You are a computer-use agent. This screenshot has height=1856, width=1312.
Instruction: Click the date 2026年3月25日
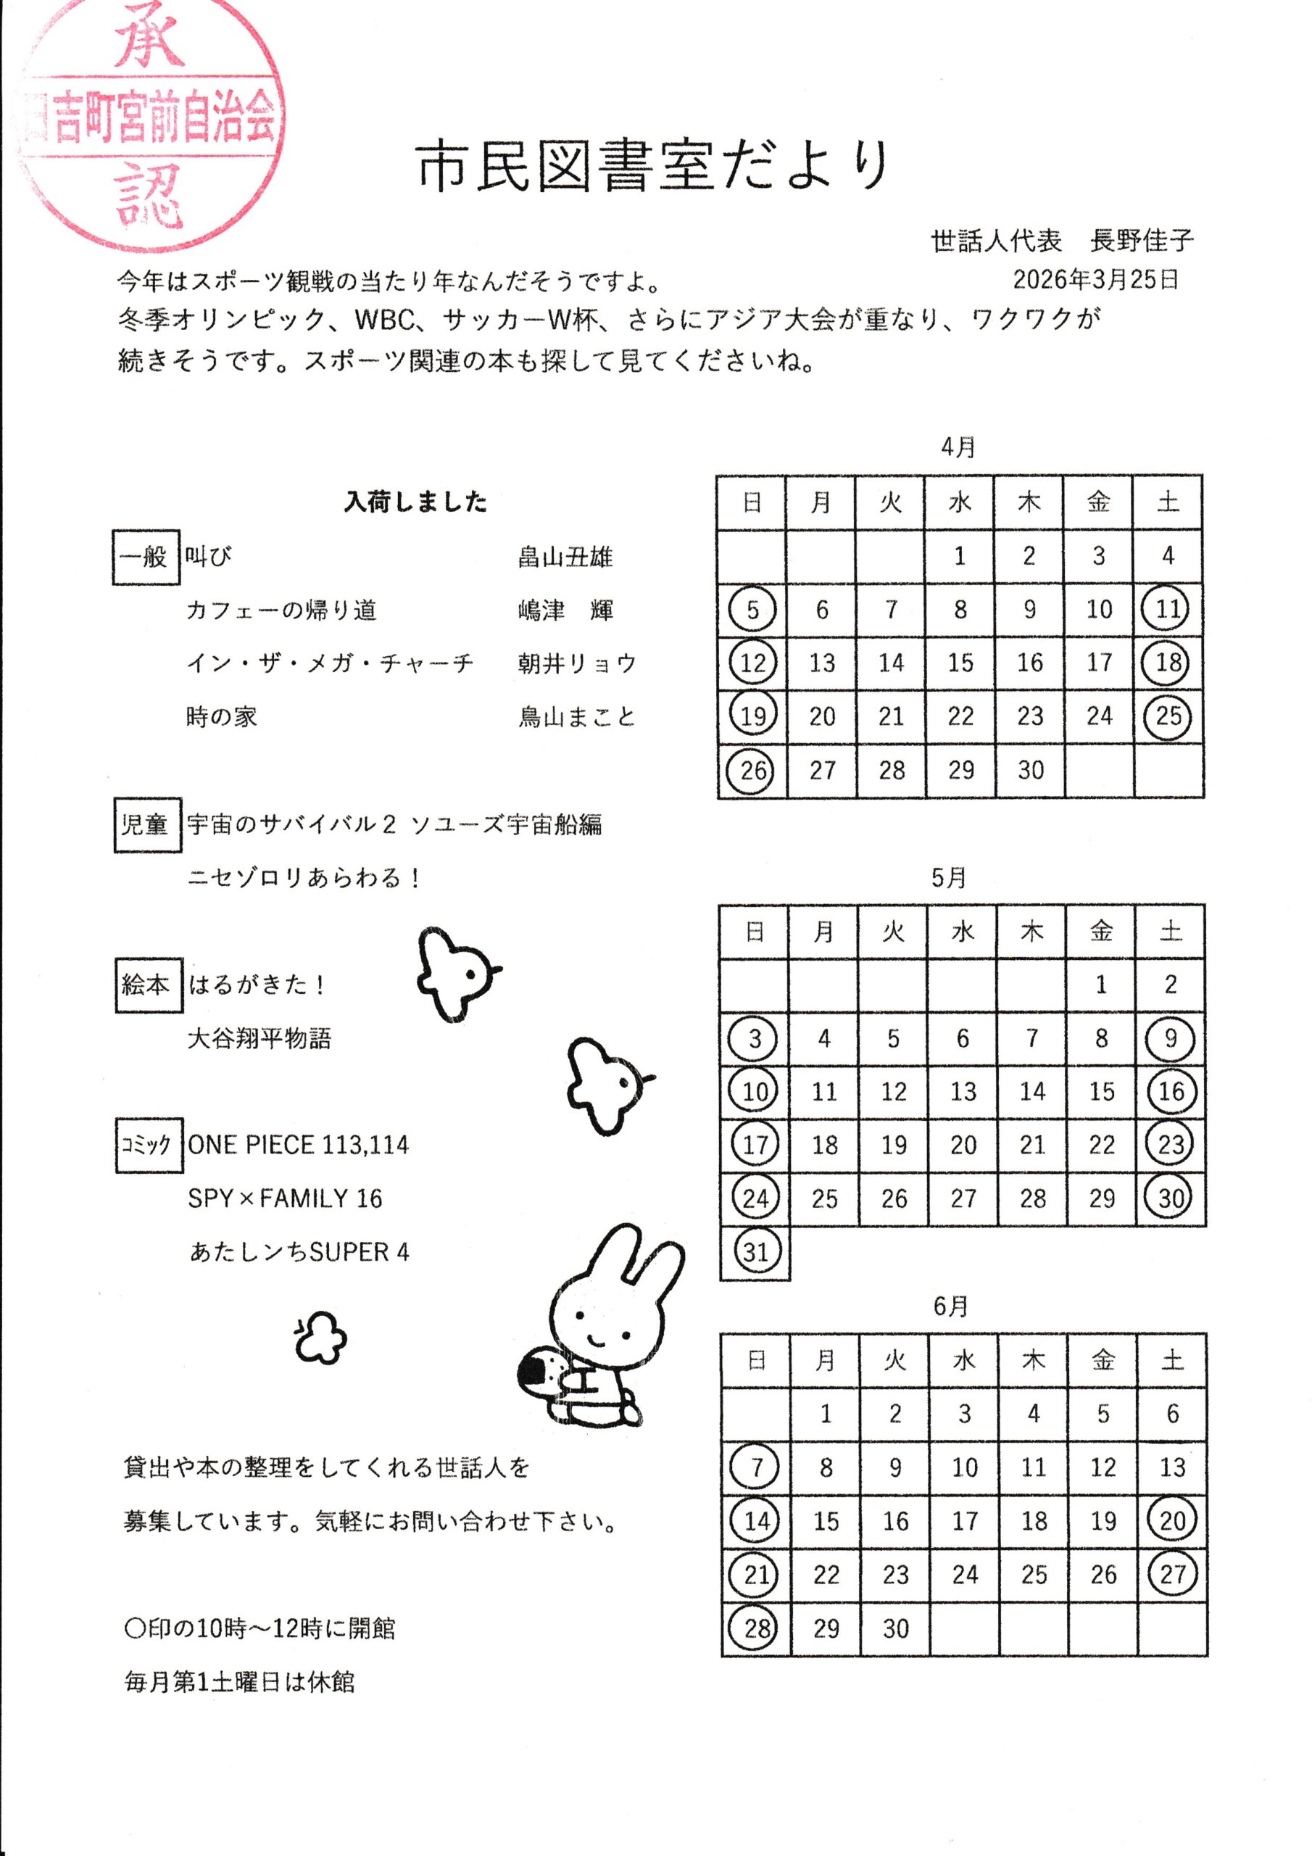[1095, 280]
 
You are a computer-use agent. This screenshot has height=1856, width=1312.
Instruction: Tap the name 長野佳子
[1141, 241]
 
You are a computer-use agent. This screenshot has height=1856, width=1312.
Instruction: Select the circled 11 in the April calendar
[1167, 609]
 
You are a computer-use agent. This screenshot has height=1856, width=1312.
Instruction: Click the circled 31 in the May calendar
[755, 1251]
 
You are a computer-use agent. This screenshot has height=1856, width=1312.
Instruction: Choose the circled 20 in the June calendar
[1172, 1520]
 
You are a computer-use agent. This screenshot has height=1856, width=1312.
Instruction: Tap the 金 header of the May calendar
[1101, 932]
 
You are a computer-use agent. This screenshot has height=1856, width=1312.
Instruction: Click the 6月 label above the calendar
[950, 1306]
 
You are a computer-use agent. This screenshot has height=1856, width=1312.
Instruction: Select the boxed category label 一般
[145, 556]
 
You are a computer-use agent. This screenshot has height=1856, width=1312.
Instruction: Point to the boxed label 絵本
[147, 985]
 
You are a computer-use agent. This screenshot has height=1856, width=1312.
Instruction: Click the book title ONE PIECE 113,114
[299, 1145]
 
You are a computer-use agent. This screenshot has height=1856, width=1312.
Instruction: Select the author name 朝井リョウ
[576, 663]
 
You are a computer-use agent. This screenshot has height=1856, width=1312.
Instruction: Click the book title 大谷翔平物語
[259, 1038]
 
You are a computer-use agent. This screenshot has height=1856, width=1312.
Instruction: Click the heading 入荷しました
[415, 502]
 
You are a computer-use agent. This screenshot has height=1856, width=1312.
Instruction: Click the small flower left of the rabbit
[320, 1337]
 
